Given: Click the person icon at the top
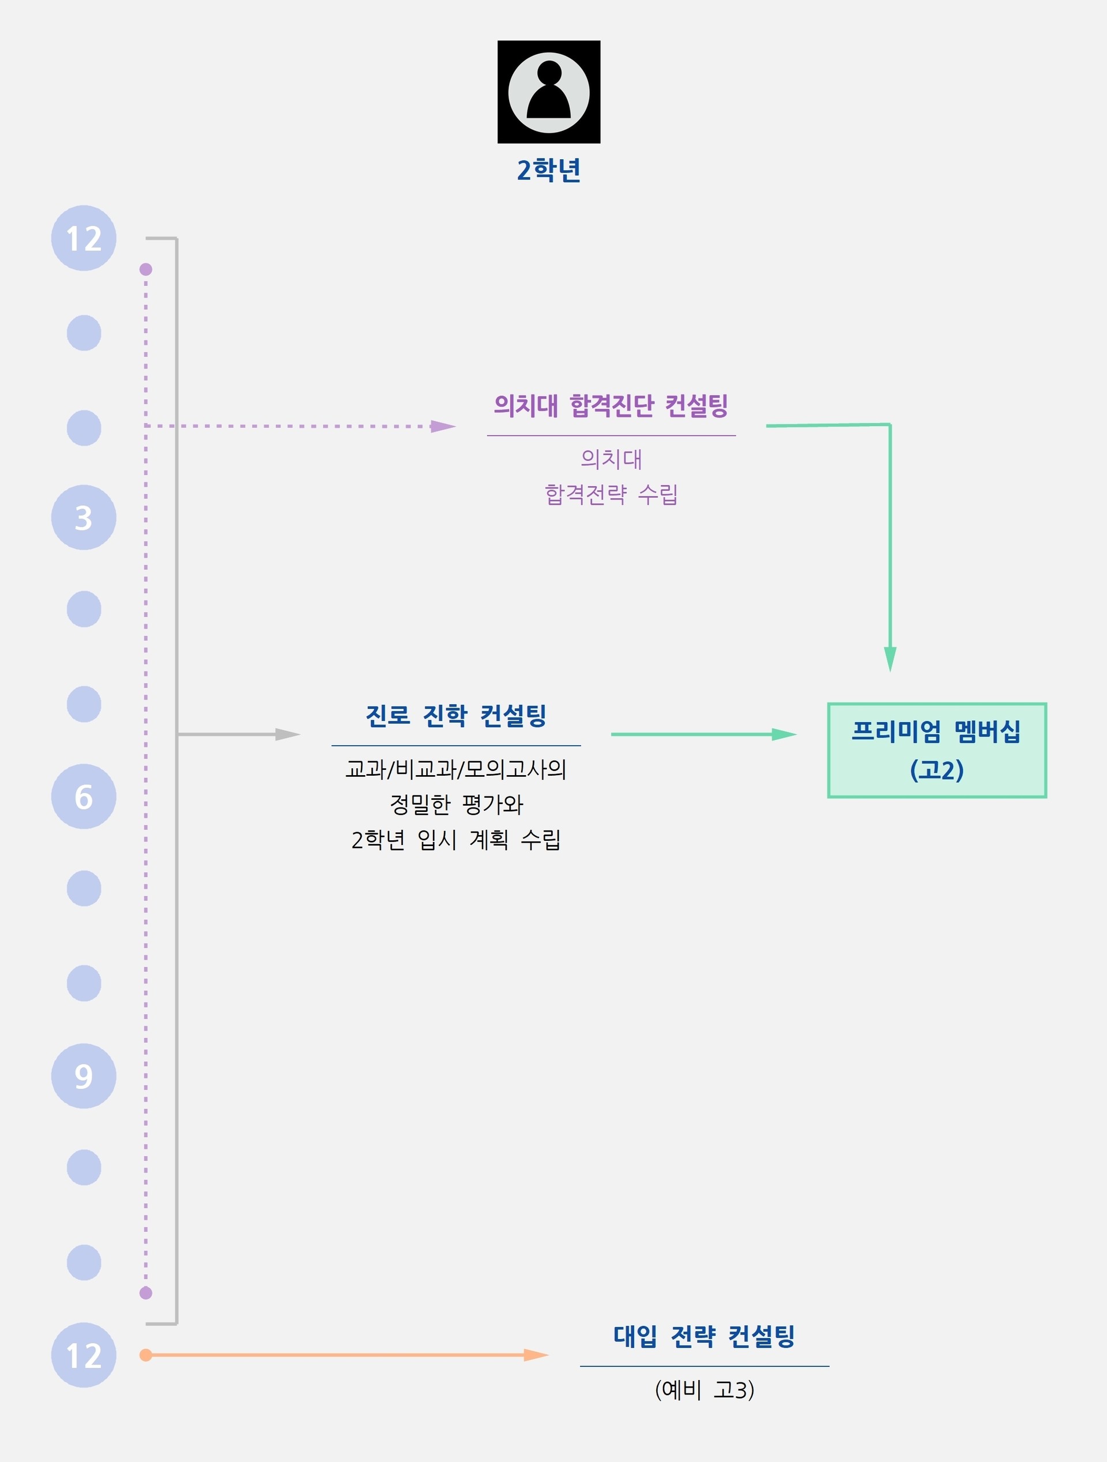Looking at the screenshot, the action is (548, 92).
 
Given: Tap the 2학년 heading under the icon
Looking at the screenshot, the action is (548, 170).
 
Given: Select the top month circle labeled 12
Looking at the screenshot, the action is (84, 238).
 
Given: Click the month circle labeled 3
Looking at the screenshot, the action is (84, 517).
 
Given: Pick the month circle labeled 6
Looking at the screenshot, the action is (84, 796).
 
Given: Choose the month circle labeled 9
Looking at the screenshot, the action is (84, 1076).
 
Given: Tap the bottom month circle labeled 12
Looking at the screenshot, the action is (84, 1355).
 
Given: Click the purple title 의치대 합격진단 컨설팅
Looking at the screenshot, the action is (611, 405).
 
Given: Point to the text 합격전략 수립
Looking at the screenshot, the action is (611, 494).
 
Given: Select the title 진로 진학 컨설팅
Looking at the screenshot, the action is (456, 715).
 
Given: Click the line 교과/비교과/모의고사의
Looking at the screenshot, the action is (456, 769).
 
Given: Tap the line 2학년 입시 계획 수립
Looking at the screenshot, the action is (456, 839).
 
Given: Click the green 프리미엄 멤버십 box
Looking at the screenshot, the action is (936, 750).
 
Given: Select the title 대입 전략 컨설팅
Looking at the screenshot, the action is (704, 1336).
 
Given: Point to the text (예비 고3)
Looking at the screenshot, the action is (704, 1390).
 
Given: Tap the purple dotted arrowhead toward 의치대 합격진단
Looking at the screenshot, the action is (442, 426).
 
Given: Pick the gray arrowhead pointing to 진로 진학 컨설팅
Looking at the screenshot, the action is (288, 734).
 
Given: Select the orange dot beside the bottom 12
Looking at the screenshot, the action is (146, 1355).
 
